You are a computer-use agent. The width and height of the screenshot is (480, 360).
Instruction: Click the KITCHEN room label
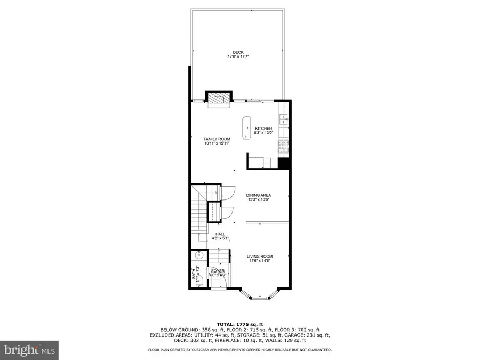point(263,129)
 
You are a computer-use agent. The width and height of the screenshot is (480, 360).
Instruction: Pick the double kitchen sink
point(283,119)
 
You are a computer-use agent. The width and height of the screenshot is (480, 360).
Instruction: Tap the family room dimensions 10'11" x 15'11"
point(213,143)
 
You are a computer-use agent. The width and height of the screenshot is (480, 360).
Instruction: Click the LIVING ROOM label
point(260,257)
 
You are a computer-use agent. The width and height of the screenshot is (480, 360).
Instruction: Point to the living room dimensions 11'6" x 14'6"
point(260,261)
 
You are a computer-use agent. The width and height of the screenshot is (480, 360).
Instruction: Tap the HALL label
point(220,234)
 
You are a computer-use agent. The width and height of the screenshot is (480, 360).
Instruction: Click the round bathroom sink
point(195,255)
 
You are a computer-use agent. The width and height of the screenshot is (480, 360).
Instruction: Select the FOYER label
point(218,271)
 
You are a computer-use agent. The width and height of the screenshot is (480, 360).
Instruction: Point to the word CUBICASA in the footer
point(208,350)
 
